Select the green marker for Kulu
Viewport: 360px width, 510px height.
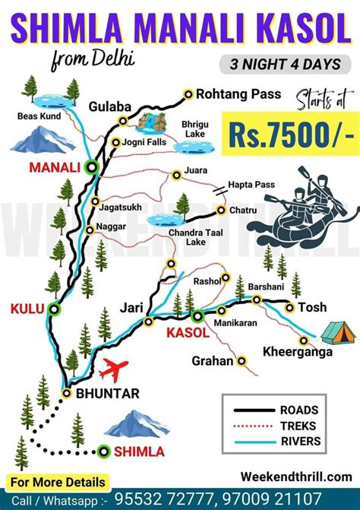click(53, 309)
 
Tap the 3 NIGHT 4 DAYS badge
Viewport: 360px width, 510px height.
click(280, 65)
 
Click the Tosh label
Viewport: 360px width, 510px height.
click(312, 307)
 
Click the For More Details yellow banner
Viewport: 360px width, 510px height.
click(58, 481)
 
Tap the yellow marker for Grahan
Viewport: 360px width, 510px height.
click(243, 360)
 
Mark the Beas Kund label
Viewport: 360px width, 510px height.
click(38, 116)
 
